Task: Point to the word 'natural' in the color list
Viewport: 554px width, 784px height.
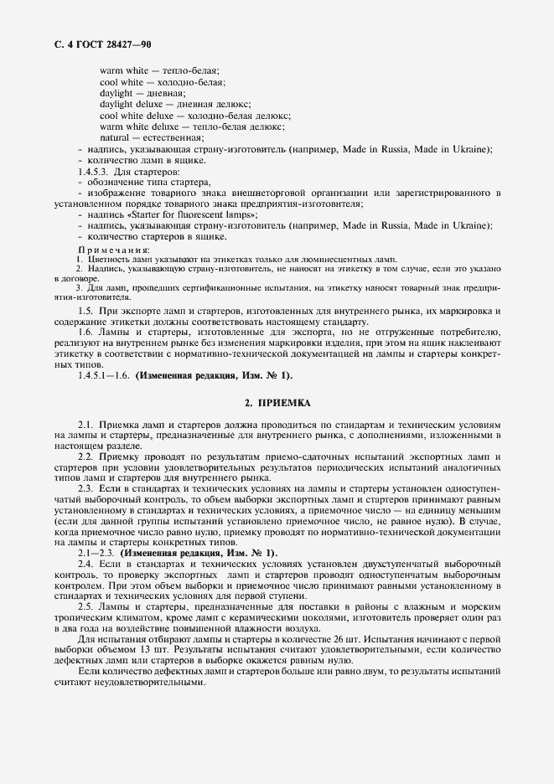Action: tap(116, 137)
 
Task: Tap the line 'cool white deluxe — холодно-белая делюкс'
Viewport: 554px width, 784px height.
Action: tap(194, 115)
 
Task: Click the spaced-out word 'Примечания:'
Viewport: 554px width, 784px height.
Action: tap(114, 249)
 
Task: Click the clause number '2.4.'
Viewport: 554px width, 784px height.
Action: tap(85, 565)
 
